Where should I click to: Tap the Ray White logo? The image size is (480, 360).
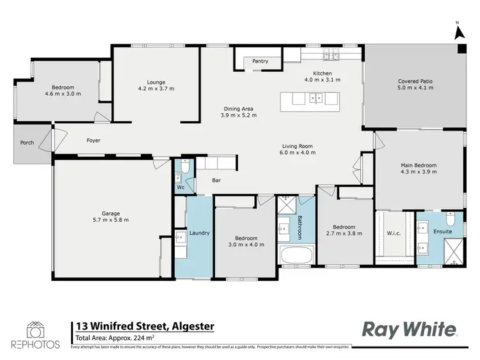(x=410, y=329)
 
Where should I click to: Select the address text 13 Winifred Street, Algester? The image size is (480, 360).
(x=145, y=327)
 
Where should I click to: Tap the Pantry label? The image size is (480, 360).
(x=260, y=61)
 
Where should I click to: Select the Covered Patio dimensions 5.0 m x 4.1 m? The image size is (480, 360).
(x=415, y=88)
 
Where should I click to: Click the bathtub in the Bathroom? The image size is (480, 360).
(x=295, y=256)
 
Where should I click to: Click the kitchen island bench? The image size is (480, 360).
(x=308, y=98)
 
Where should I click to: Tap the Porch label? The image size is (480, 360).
(x=27, y=143)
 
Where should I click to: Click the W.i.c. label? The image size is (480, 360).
(x=394, y=233)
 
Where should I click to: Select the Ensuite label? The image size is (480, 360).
(x=442, y=231)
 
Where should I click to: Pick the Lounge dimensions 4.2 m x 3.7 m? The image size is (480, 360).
(x=156, y=89)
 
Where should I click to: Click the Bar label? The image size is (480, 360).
(x=216, y=181)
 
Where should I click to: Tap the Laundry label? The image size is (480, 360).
(x=199, y=233)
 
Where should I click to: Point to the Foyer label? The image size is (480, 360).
(x=93, y=140)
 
